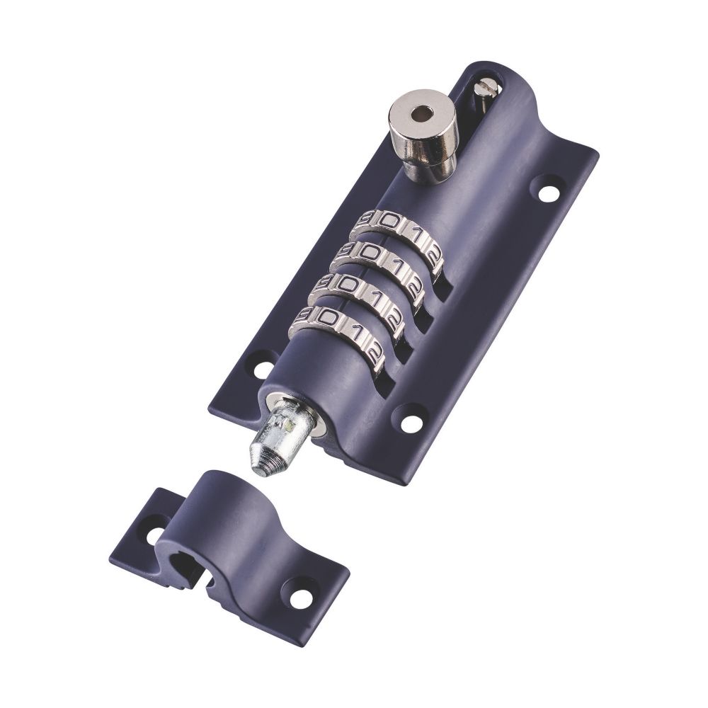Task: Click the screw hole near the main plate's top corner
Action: tap(547, 190)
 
